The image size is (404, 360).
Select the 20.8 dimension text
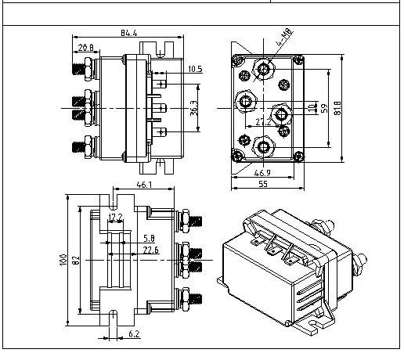click(x=88, y=48)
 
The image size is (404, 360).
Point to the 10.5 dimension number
click(x=196, y=70)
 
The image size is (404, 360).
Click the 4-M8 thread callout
click(x=282, y=35)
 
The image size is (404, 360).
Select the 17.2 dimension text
click(x=115, y=217)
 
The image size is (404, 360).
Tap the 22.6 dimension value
click(x=151, y=250)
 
